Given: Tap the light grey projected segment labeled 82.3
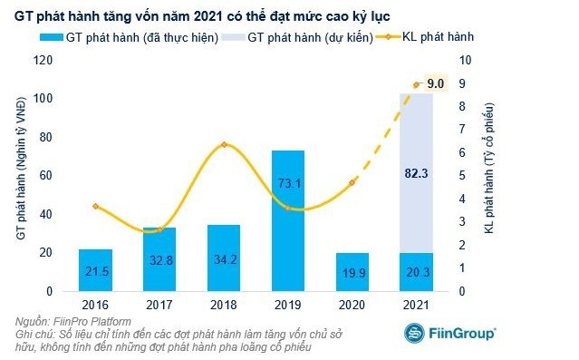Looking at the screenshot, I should pyautogui.click(x=417, y=172).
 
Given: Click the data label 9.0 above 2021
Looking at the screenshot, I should pyautogui.click(x=435, y=83).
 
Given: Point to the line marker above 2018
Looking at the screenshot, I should pyautogui.click(x=224, y=145).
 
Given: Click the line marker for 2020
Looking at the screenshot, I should pyautogui.click(x=352, y=182).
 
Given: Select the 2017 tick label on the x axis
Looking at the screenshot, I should pyautogui.click(x=159, y=306).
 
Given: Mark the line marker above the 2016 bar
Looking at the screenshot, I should pyautogui.click(x=95, y=207).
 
